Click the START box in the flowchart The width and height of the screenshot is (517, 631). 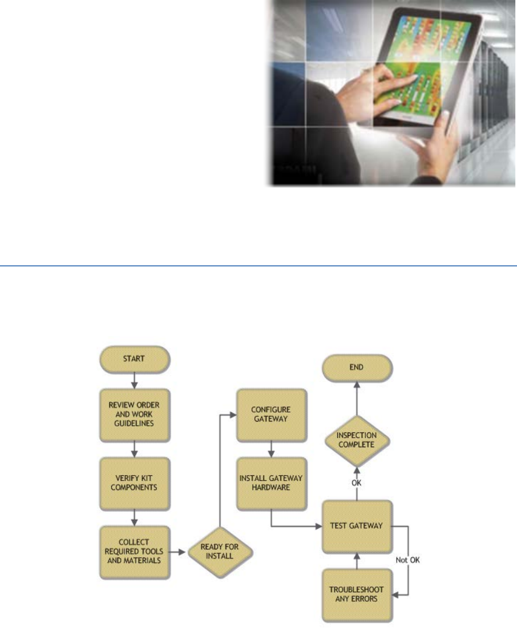pos(133,359)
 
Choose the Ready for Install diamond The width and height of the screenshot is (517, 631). pos(220,552)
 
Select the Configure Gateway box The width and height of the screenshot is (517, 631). pos(272,415)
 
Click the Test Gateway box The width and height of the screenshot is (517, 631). pos(357,527)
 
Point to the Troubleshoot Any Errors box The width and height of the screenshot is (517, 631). pos(357,594)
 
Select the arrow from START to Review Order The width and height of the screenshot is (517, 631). pos(133,379)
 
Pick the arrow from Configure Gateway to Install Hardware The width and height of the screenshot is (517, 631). pos(272,449)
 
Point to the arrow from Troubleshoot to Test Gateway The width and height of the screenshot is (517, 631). pos(357,561)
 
